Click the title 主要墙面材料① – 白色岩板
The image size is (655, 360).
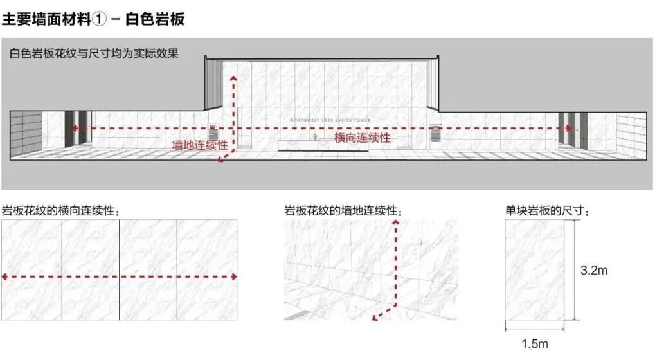point(93,19)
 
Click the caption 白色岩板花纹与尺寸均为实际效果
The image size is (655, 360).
point(94,54)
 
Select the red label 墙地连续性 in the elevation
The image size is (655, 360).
point(199,145)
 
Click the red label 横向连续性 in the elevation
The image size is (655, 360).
point(362,138)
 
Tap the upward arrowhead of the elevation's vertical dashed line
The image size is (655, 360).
point(233,76)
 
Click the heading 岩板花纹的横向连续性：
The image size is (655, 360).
point(60,210)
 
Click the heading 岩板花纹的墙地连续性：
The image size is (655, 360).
point(344,210)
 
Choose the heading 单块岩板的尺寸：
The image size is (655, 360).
point(547,210)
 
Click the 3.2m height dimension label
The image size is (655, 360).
point(594,271)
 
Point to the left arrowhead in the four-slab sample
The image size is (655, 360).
point(5,276)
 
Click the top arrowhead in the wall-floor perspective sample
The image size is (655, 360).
point(395,222)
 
